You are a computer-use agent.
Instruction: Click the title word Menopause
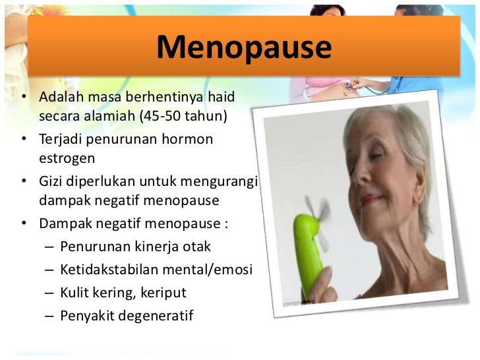click(x=244, y=48)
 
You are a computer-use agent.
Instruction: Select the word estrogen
click(x=67, y=160)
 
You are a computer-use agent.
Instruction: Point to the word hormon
click(x=190, y=140)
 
